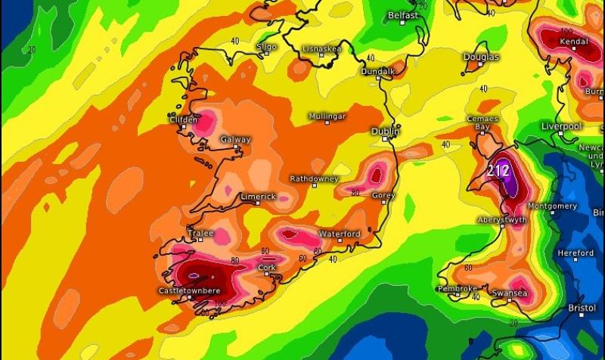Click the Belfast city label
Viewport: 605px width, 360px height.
click(x=402, y=14)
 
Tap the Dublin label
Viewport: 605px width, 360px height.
click(x=384, y=131)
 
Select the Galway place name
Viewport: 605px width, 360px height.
click(x=235, y=140)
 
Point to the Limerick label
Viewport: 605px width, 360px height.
click(x=258, y=197)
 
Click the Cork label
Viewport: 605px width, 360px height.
click(x=267, y=267)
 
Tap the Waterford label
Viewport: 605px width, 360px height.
click(x=339, y=234)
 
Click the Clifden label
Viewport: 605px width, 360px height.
click(x=184, y=119)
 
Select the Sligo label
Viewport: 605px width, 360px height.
click(x=267, y=47)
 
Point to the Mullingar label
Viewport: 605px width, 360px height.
click(x=327, y=116)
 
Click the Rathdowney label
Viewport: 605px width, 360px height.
click(x=314, y=178)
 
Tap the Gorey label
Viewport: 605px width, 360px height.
click(x=383, y=196)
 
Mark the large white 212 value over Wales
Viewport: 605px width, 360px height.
click(x=498, y=170)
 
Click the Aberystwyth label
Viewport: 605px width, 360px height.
click(x=501, y=220)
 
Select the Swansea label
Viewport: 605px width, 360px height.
click(x=510, y=293)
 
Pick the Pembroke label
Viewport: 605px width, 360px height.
click(x=457, y=289)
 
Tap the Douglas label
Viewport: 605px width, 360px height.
click(x=481, y=57)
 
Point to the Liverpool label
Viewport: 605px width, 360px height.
click(x=560, y=126)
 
